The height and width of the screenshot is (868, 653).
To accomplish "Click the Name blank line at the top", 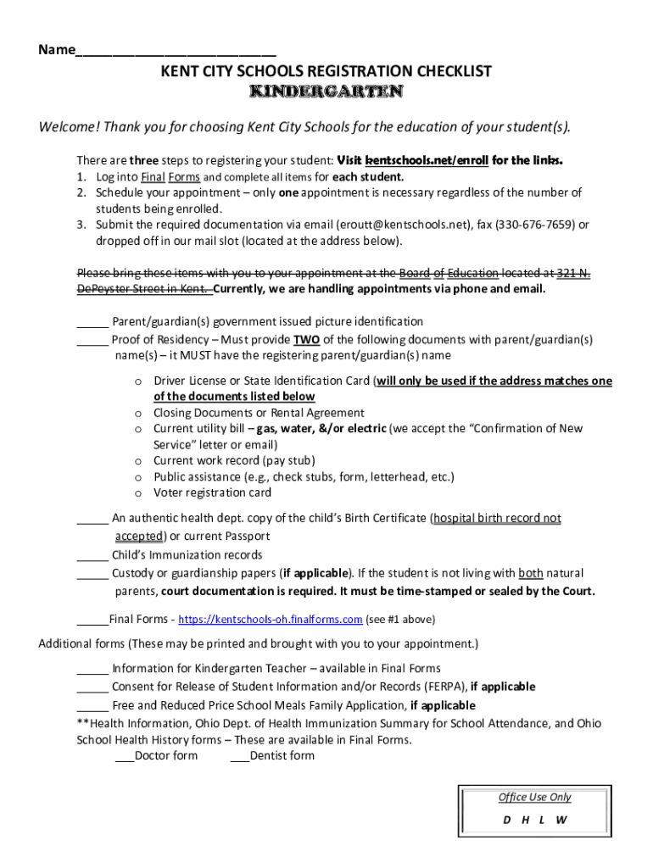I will pyautogui.click(x=175, y=50).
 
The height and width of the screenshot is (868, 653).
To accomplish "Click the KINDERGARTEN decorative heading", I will pyautogui.click(x=326, y=92).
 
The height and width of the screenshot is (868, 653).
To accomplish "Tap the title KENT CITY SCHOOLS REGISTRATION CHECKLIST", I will pyautogui.click(x=326, y=72).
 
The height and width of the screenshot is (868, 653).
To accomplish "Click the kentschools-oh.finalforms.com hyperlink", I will pyautogui.click(x=270, y=620).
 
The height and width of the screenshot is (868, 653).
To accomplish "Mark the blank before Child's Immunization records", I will pyautogui.click(x=92, y=556).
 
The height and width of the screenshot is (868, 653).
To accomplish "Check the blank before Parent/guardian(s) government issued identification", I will pyautogui.click(x=92, y=322).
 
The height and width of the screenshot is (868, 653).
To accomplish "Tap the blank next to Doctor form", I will pyautogui.click(x=124, y=756).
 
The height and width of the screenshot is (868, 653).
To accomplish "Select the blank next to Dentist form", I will pyautogui.click(x=239, y=756).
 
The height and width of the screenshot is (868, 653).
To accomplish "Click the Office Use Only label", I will pyautogui.click(x=534, y=797).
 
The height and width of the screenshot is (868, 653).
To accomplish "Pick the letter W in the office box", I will pyautogui.click(x=561, y=820).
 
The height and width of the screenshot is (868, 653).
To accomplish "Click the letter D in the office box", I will pyautogui.click(x=507, y=820).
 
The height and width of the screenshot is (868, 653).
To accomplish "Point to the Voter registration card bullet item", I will pyautogui.click(x=212, y=492).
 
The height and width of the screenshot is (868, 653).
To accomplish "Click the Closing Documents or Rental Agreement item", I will pyautogui.click(x=259, y=413).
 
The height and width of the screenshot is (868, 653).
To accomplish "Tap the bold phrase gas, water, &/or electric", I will pyautogui.click(x=321, y=429).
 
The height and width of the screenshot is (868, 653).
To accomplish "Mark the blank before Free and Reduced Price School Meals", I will pyautogui.click(x=92, y=706).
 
